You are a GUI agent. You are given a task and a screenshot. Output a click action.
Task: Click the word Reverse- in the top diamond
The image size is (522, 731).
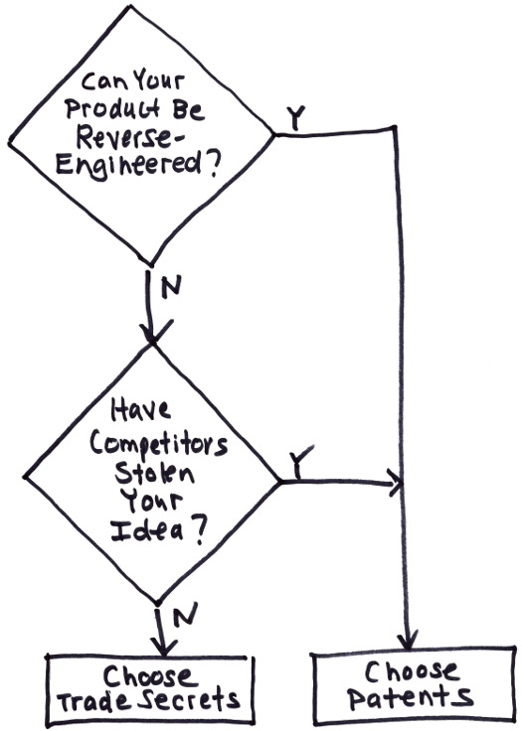tap(130, 137)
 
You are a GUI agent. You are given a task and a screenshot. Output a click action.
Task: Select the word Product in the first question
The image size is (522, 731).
tap(112, 108)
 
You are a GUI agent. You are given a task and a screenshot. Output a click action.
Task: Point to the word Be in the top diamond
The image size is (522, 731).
tap(189, 109)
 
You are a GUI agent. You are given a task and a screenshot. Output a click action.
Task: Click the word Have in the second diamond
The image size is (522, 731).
tap(140, 410)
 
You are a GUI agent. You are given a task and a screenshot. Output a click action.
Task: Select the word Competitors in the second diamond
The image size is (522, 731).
tap(159, 445)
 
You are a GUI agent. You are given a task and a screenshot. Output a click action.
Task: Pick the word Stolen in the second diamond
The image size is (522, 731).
tap(154, 473)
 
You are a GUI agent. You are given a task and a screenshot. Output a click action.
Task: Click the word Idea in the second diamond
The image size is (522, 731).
tap(146, 531)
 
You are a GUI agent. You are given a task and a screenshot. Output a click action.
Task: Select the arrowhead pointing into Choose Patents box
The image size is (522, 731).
tap(409, 640)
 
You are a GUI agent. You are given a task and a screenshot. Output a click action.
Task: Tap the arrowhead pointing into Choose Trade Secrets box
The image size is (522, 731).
tap(163, 647)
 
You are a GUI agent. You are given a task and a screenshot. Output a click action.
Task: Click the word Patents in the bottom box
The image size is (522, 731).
tap(411, 697)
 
